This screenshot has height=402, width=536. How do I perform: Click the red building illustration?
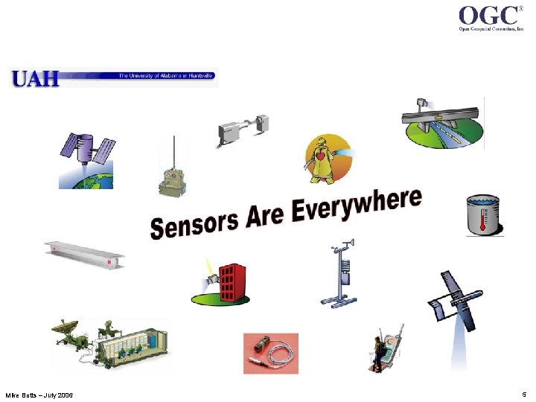[230, 278]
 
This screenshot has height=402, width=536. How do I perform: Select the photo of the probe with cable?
[271, 353]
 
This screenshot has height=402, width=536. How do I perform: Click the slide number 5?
[524, 393]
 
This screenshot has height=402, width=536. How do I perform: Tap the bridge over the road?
[442, 118]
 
